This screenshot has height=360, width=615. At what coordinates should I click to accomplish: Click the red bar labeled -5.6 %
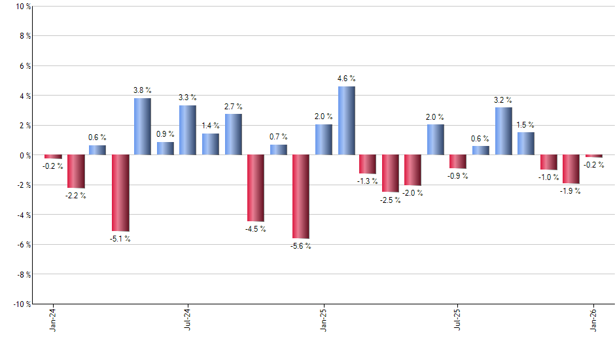point(301,196)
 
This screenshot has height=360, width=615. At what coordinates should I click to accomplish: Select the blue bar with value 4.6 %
point(347,120)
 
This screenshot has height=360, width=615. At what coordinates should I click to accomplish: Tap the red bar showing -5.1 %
point(120,193)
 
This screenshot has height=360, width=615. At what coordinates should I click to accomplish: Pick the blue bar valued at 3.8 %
point(143,126)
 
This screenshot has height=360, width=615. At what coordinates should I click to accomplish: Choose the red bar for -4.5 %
point(256,189)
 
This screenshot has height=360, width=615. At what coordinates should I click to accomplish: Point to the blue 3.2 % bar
point(504,131)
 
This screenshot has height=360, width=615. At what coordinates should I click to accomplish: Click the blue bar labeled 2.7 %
point(234,134)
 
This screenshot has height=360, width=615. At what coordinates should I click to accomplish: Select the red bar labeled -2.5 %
point(391,173)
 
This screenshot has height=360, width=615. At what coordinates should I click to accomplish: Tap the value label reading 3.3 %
point(188,98)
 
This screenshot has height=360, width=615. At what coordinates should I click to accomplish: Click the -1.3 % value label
point(368,181)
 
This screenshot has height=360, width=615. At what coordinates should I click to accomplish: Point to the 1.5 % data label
point(525,124)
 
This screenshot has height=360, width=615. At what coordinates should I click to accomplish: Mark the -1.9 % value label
point(571,191)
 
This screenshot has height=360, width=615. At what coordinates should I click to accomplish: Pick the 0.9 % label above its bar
point(166,134)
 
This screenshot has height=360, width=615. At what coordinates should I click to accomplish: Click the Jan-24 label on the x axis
point(53,319)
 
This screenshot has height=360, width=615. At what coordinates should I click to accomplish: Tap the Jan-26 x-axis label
point(594,319)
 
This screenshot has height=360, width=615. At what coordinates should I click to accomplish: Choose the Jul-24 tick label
point(188,319)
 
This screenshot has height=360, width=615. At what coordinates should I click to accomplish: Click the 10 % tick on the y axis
point(22,7)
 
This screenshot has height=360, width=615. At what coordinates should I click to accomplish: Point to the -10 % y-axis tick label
point(20,304)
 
